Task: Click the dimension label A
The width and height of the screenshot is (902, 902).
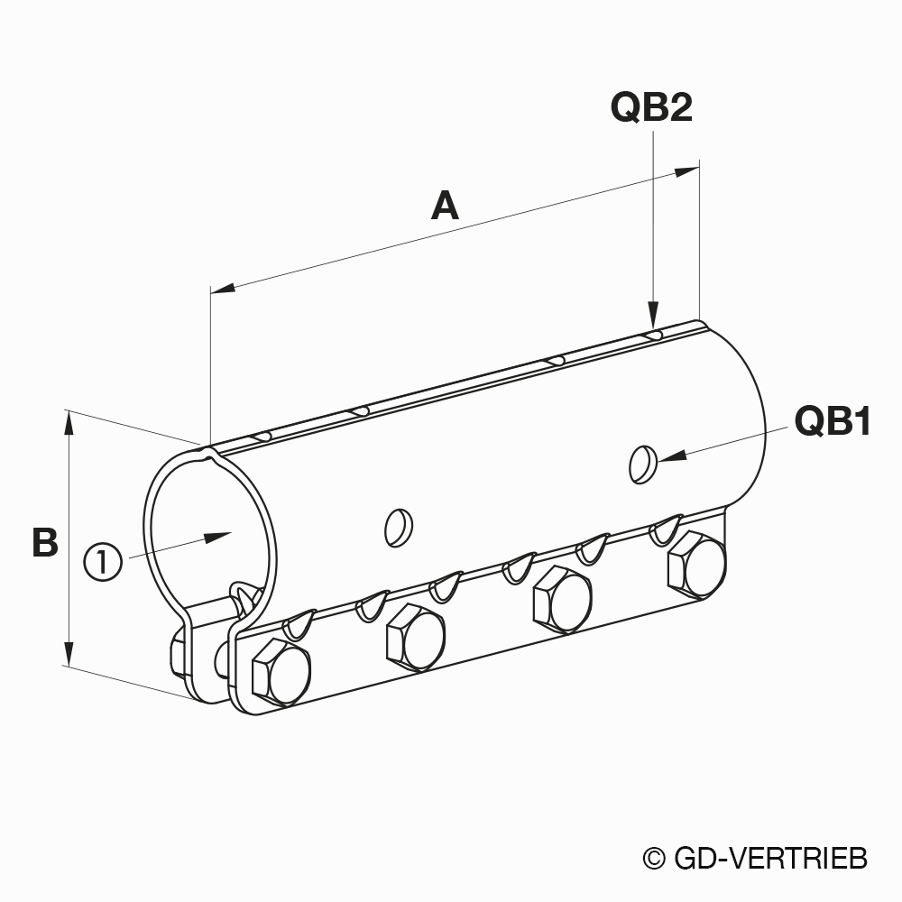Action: pyautogui.click(x=445, y=207)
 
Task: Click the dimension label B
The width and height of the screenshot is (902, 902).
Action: pyautogui.click(x=45, y=542)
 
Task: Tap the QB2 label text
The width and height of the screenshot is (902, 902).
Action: pyautogui.click(x=651, y=107)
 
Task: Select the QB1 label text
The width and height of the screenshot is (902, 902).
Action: pyautogui.click(x=833, y=420)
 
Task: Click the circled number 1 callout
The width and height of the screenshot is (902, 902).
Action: pyautogui.click(x=103, y=562)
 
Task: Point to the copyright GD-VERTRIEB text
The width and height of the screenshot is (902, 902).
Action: pyautogui.click(x=755, y=859)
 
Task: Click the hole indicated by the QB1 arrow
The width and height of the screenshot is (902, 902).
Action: pyautogui.click(x=643, y=465)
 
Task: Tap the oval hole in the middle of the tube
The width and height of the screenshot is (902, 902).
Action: pyautogui.click(x=399, y=528)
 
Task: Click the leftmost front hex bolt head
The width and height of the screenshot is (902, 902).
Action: pyautogui.click(x=281, y=673)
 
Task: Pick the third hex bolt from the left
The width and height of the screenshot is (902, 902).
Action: pyautogui.click(x=562, y=600)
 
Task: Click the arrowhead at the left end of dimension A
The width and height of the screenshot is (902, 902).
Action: pyautogui.click(x=223, y=287)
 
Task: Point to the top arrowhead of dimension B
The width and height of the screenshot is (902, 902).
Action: pyautogui.click(x=69, y=423)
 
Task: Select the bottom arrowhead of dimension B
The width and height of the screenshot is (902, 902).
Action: pyautogui.click(x=69, y=653)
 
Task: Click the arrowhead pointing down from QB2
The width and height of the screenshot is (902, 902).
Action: pyautogui.click(x=653, y=315)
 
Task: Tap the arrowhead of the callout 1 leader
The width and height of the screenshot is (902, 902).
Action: pyautogui.click(x=217, y=538)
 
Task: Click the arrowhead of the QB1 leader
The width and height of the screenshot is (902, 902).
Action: pyautogui.click(x=672, y=456)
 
